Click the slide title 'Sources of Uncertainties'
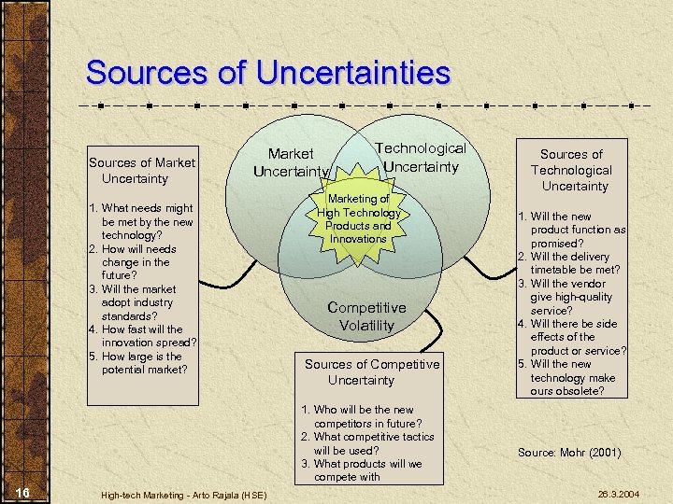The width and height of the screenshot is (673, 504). [x=267, y=73]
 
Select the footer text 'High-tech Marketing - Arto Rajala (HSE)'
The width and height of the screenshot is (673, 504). [x=181, y=493]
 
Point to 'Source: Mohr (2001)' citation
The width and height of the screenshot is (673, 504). [x=569, y=453]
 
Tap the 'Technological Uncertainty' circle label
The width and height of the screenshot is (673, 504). [x=420, y=157]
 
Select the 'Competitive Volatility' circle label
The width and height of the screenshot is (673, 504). [x=366, y=316]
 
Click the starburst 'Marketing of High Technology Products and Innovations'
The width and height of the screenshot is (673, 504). [x=358, y=218]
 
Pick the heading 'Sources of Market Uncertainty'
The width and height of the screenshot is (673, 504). [x=141, y=171]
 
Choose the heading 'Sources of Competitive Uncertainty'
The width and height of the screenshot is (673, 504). [x=371, y=371]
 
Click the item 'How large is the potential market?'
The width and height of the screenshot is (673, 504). [x=141, y=363]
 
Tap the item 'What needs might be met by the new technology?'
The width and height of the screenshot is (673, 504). [x=141, y=222]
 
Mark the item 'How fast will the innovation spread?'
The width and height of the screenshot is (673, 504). [x=141, y=335]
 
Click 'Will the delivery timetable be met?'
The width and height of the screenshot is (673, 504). [x=571, y=263]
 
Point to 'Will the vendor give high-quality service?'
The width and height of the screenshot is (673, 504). [x=571, y=297]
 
